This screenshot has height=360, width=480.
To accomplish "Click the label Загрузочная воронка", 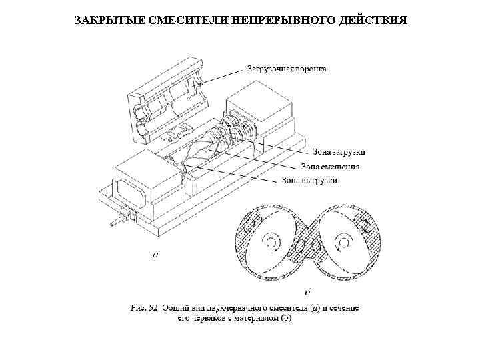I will click(287, 68).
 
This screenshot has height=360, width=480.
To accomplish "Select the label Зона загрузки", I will click(338, 153).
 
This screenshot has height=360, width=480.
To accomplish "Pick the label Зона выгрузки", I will click(309, 179).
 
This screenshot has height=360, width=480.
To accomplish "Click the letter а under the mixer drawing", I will click(155, 254).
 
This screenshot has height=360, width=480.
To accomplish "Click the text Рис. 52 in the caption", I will click(146, 308).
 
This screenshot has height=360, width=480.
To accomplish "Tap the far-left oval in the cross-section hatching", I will click(249, 225).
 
